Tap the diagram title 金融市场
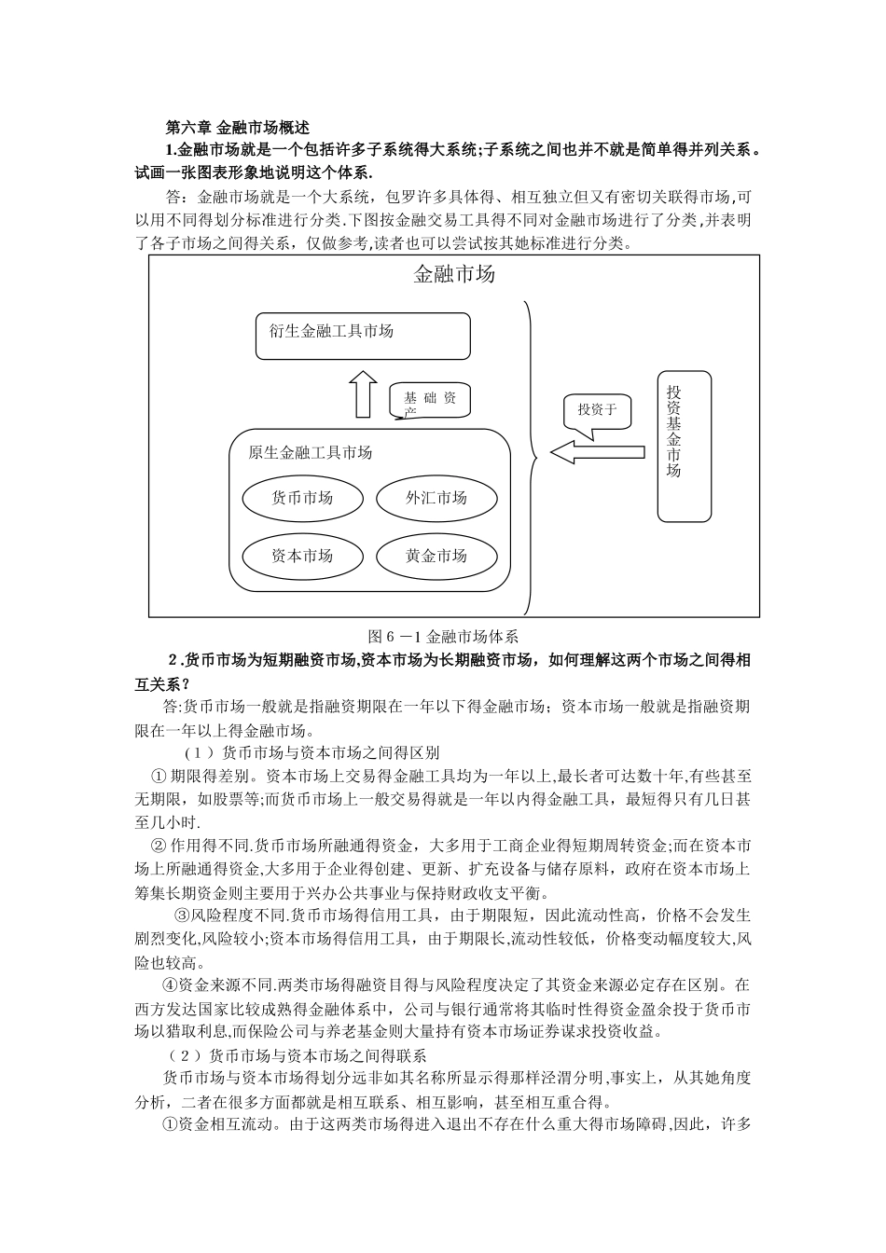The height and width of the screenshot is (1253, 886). (x=454, y=274)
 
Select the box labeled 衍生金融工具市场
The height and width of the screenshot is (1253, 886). (x=363, y=336)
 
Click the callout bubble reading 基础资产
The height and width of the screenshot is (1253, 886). (x=430, y=400)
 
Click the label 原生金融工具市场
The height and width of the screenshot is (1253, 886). (x=311, y=452)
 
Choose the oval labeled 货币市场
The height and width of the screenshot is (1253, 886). (x=302, y=497)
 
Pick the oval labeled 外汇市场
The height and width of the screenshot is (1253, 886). (x=436, y=497)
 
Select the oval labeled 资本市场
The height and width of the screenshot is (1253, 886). (x=302, y=556)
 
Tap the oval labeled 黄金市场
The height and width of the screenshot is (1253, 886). (x=436, y=556)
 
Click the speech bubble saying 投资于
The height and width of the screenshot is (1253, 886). (x=597, y=410)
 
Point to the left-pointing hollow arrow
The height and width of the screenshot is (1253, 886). (x=597, y=452)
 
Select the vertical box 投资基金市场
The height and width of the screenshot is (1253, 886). (x=684, y=446)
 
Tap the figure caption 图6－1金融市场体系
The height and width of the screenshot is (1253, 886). (x=443, y=637)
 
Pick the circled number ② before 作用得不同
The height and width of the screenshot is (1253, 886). (x=159, y=847)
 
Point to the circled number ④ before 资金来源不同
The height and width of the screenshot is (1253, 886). (x=170, y=984)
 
